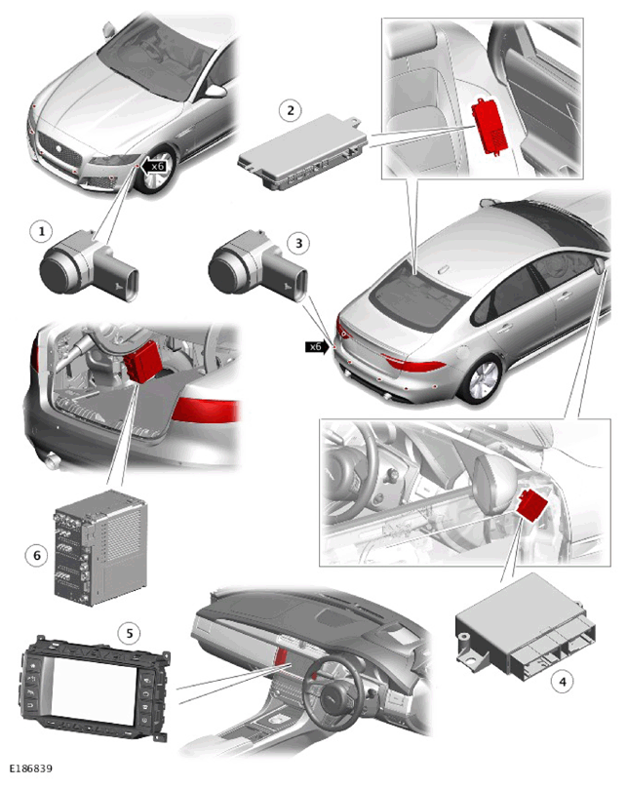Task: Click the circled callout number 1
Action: point(42,232)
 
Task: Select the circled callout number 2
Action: point(291,110)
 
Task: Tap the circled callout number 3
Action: point(299,243)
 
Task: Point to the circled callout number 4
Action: point(563,682)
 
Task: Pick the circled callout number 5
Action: point(129,633)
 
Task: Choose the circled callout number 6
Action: point(36,555)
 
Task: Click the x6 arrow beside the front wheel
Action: point(153,166)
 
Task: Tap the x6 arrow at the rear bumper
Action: point(318,347)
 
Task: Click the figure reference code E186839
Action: point(30,768)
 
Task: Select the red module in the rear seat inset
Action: point(490,125)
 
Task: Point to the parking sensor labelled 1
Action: point(89,263)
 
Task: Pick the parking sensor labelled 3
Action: point(257,263)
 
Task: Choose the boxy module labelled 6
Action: point(100,547)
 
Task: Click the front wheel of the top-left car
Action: point(156,172)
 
